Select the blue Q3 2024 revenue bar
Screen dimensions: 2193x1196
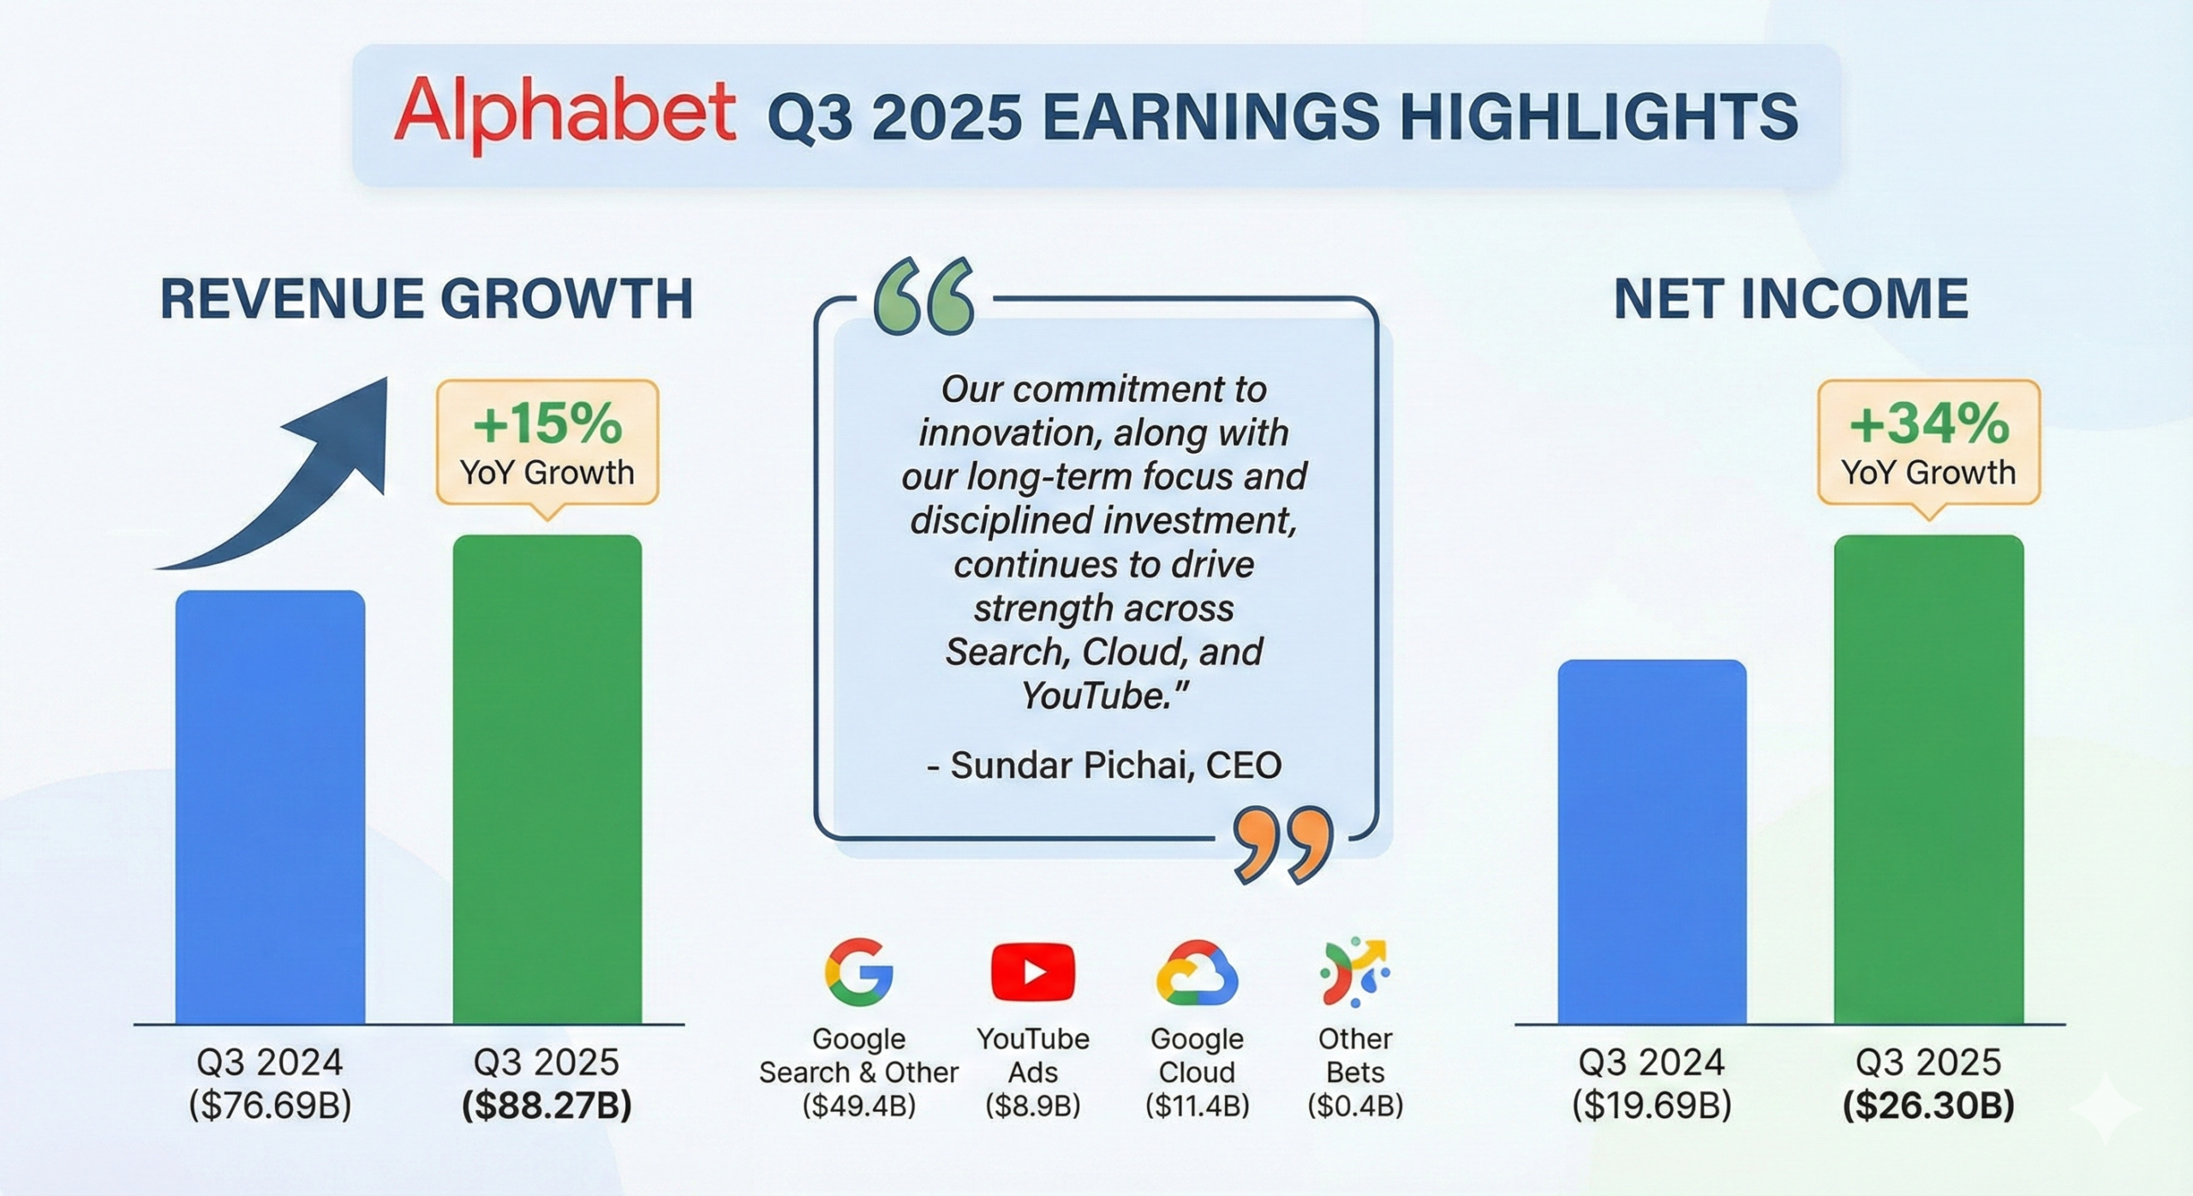coord(271,807)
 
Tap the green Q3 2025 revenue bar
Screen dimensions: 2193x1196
coord(547,780)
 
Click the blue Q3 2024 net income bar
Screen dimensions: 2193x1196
coord(1652,842)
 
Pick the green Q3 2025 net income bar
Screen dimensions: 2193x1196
coord(1929,780)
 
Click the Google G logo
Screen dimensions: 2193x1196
coord(859,972)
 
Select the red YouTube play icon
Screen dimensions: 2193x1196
coord(1033,972)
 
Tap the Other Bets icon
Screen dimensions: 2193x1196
coord(1354,972)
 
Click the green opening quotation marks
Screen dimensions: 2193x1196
coord(924,296)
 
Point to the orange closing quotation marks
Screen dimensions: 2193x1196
coord(1283,845)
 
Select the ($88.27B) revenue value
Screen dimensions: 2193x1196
coord(547,1105)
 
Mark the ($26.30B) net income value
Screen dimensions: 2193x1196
coord(1929,1105)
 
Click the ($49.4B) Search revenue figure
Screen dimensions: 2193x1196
coord(859,1106)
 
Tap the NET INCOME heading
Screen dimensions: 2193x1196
coord(1791,299)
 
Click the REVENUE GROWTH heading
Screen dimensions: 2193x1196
coord(427,299)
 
